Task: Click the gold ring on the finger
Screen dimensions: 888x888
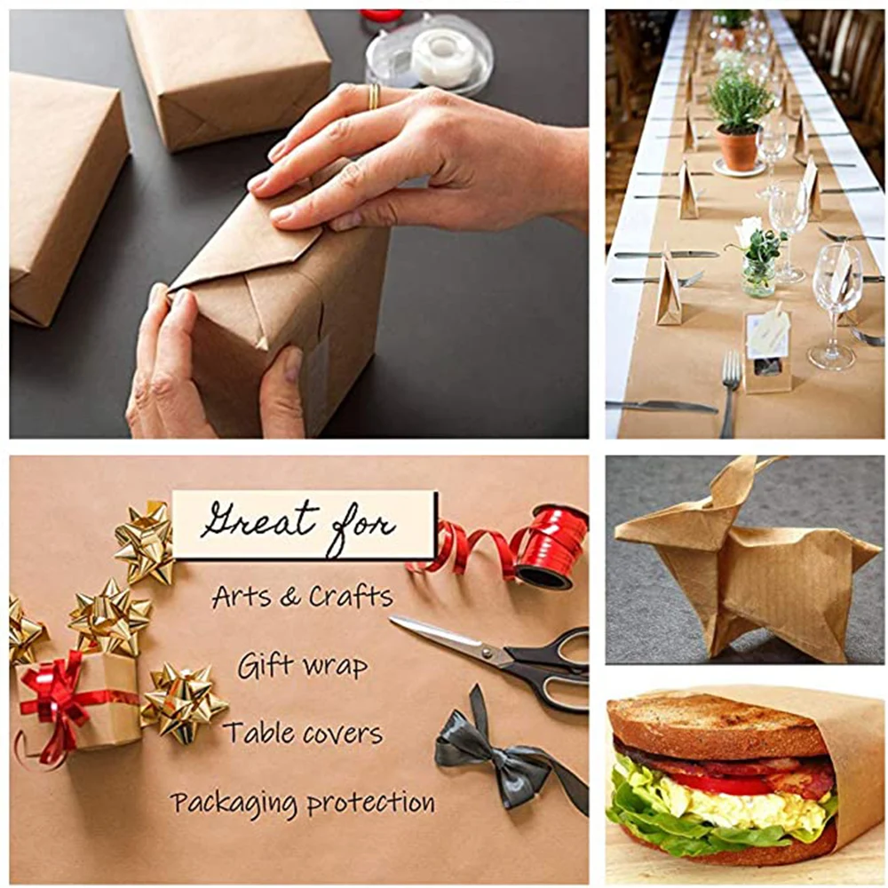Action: [375, 96]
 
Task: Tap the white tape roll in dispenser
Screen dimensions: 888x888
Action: [442, 57]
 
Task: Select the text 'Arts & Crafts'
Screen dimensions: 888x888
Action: [302, 596]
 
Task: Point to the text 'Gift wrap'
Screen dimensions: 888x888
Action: [302, 665]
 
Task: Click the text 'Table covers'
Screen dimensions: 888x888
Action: [302, 733]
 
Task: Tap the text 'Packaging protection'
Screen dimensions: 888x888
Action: [302, 803]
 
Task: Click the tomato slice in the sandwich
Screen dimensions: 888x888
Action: [719, 783]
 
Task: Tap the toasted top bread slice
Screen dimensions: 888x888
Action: [710, 724]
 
